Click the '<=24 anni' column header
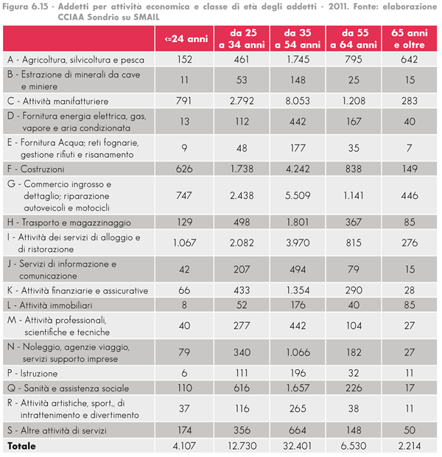click(186, 39)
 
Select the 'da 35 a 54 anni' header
click(298, 39)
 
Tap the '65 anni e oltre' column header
click(410, 39)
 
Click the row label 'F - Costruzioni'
click(36, 169)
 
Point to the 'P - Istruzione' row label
click(32, 374)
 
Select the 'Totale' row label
click(21, 446)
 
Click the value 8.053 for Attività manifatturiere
click(298, 101)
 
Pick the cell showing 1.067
click(184, 243)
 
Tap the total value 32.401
click(297, 446)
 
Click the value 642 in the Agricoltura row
click(410, 60)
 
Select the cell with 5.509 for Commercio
click(298, 195)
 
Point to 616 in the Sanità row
click(242, 388)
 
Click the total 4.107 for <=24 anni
click(184, 446)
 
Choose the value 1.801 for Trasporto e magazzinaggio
click(298, 223)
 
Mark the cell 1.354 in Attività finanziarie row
click(298, 290)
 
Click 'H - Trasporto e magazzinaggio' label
click(69, 223)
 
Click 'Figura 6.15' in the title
click(25, 7)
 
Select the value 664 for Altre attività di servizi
click(298, 430)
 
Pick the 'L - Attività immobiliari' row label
click(50, 305)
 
